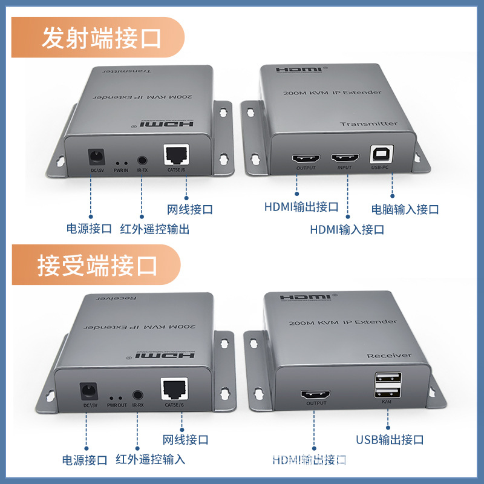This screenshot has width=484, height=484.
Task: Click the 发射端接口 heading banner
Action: tap(100, 39)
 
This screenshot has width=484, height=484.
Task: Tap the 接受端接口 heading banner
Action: tap(97, 265)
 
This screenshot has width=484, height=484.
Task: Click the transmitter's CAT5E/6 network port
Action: tap(176, 155)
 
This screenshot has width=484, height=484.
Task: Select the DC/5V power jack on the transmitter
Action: tap(94, 159)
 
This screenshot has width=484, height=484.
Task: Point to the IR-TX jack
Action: tap(143, 162)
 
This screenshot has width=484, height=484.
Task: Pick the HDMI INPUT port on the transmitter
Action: tap(345, 159)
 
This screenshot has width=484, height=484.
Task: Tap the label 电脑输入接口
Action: tap(405, 210)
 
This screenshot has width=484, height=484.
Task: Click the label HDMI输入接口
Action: tap(347, 230)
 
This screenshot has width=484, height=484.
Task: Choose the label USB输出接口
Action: tap(389, 440)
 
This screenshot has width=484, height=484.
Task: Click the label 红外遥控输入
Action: tap(150, 459)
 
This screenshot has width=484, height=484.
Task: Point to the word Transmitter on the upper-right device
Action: tap(368, 124)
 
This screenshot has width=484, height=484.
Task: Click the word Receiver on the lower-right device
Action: tap(388, 356)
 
